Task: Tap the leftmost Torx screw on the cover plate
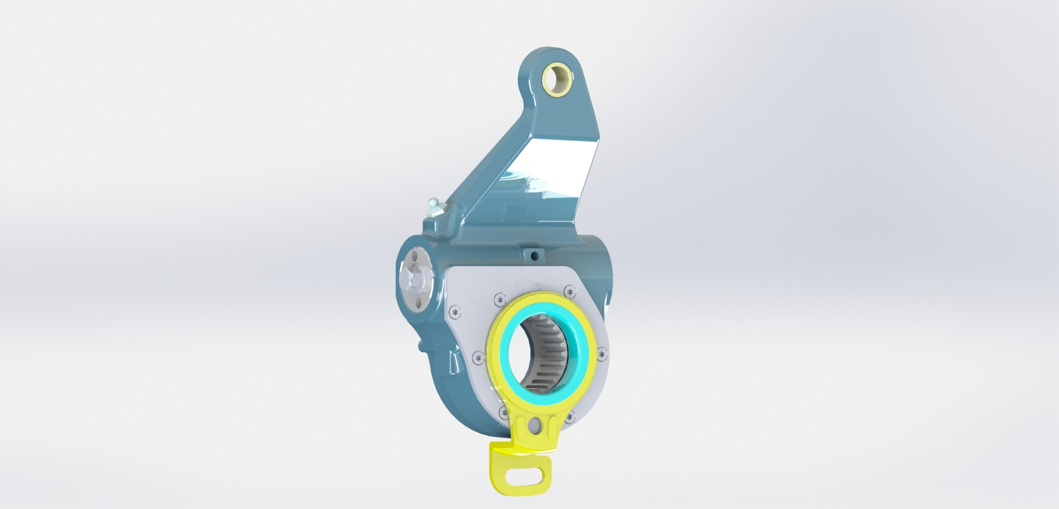click(456, 310)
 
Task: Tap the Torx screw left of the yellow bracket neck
click(503, 411)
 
